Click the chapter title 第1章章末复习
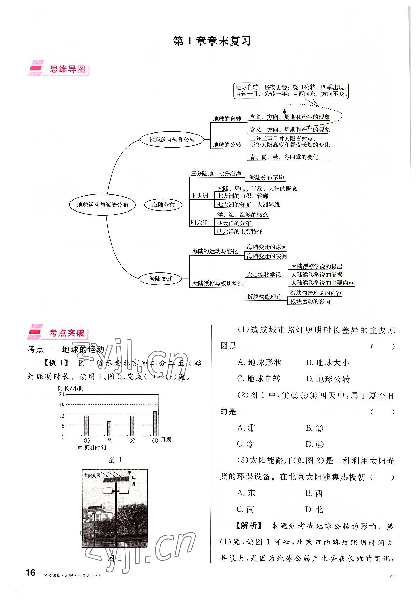tap(212, 41)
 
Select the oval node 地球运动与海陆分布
tap(103, 205)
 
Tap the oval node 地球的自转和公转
tap(172, 139)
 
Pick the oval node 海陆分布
tap(163, 205)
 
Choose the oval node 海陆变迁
tap(161, 279)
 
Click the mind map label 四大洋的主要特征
tap(240, 231)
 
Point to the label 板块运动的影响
tap(310, 301)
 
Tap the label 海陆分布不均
tap(266, 178)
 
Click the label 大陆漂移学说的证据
tap(317, 275)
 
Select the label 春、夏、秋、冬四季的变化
tap(284, 157)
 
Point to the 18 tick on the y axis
tap(62, 405)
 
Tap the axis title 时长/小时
tap(71, 388)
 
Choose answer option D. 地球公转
tap(327, 379)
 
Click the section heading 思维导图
tap(67, 69)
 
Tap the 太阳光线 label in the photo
tap(92, 475)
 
